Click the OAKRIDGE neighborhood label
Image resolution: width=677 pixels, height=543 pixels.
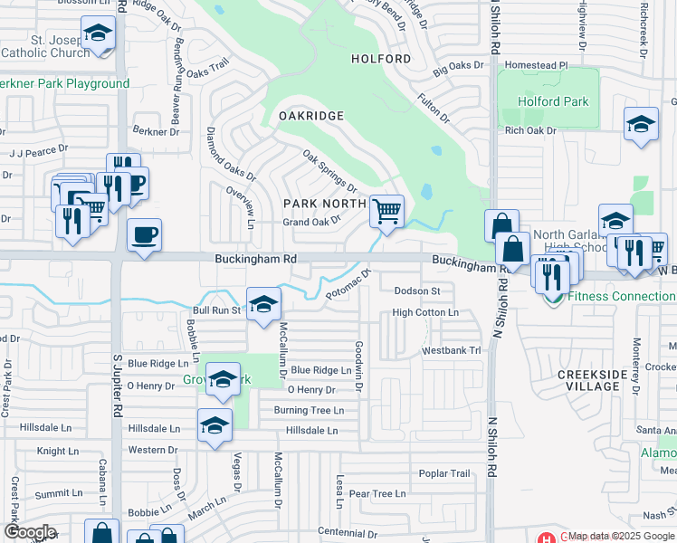pyautogui.click(x=310, y=116)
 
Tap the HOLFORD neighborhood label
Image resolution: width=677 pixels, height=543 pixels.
pyautogui.click(x=381, y=59)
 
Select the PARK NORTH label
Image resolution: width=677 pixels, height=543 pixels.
pyautogui.click(x=325, y=204)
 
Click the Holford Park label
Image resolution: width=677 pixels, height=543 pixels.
pyautogui.click(x=553, y=101)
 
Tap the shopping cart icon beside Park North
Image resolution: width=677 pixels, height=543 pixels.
pyautogui.click(x=386, y=212)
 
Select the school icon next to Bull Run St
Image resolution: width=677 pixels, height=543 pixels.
pyautogui.click(x=263, y=304)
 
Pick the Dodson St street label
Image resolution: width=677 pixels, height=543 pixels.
pyautogui.click(x=417, y=291)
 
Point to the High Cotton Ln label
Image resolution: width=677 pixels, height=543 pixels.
pyautogui.click(x=425, y=313)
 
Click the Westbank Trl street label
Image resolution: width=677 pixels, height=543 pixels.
pyautogui.click(x=450, y=350)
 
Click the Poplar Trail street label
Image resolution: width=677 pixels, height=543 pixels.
pyautogui.click(x=444, y=473)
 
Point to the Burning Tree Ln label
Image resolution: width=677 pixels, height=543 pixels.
pyautogui.click(x=309, y=410)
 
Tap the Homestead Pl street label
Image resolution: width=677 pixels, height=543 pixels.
pyautogui.click(x=537, y=65)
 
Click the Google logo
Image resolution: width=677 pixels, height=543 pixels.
pyautogui.click(x=30, y=532)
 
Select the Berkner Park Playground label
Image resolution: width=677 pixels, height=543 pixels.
pyautogui.click(x=63, y=84)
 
